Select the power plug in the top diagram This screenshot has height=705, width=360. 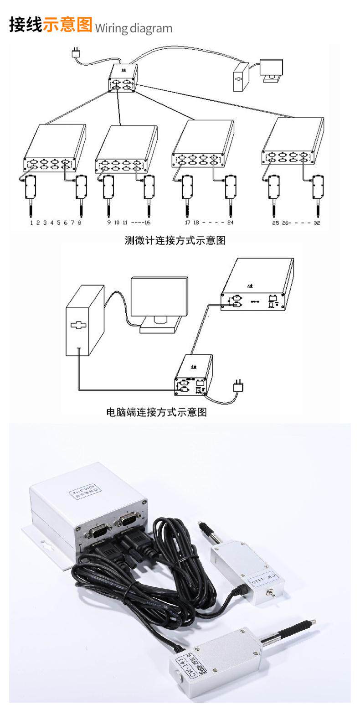point(76,53)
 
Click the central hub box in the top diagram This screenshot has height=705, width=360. point(123,78)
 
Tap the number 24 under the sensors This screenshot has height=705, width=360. point(230,223)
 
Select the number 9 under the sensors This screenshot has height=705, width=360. point(109,223)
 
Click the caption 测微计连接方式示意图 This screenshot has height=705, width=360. point(175,240)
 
